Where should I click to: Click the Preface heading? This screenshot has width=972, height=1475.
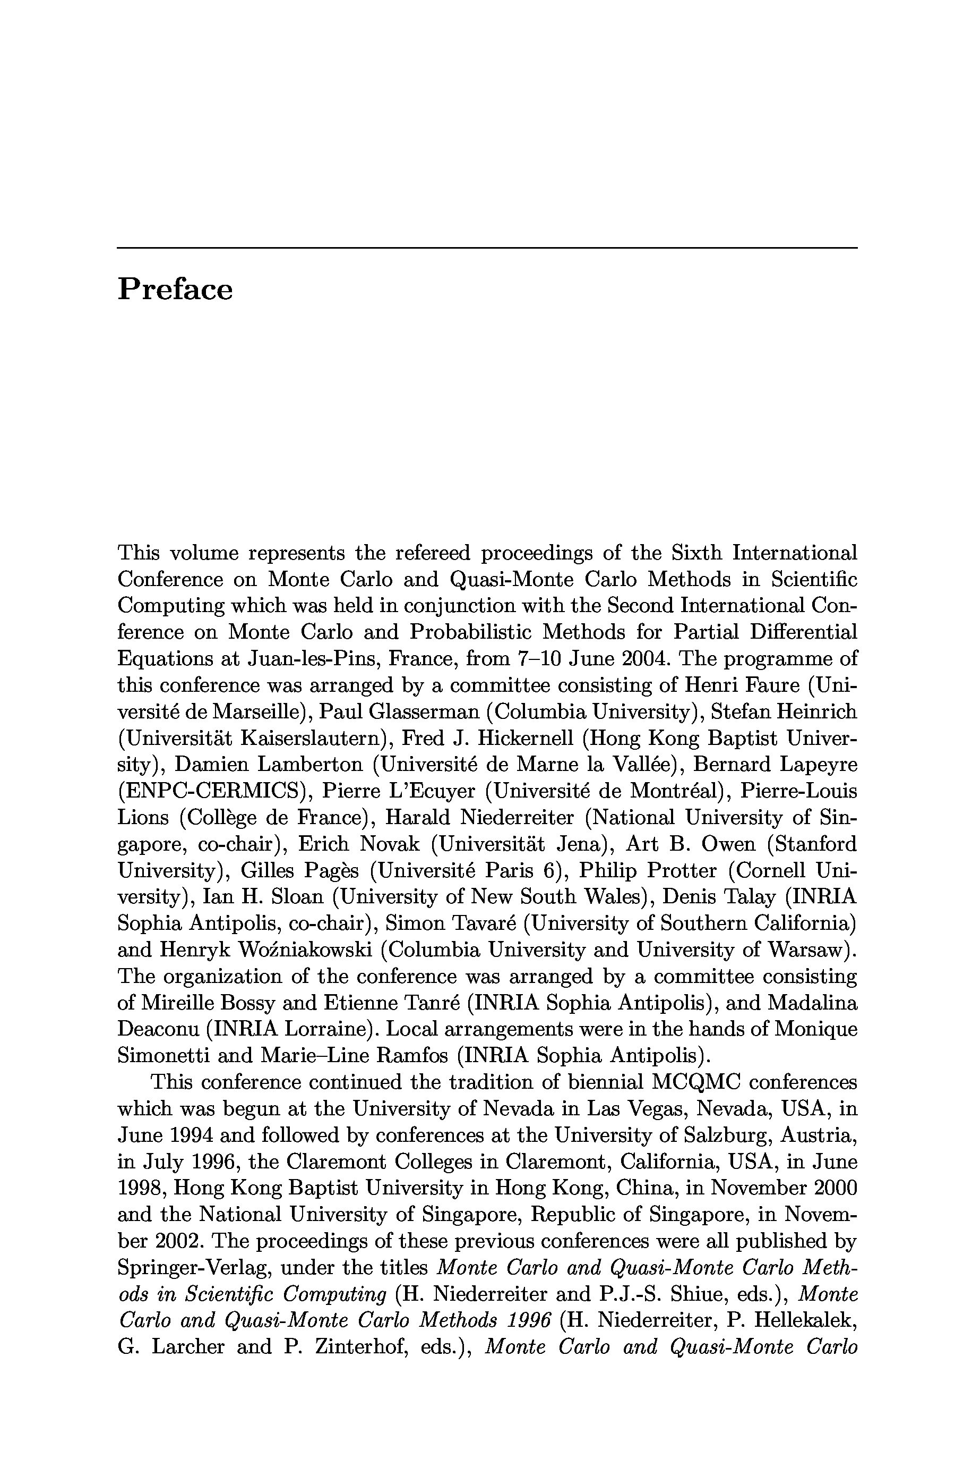pos(175,290)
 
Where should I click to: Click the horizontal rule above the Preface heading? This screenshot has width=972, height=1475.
pos(487,248)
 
